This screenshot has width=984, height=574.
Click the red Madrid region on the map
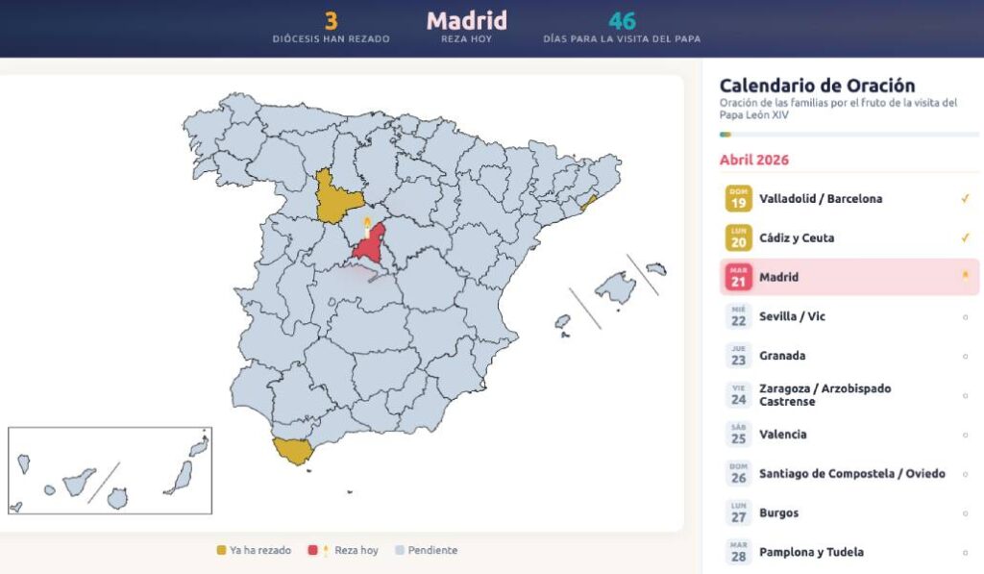coord(369,245)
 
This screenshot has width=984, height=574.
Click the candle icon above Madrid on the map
coord(366,226)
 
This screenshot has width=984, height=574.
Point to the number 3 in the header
coord(331,20)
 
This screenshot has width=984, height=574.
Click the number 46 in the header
coord(622,20)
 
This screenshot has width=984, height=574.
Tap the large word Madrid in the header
coord(467,20)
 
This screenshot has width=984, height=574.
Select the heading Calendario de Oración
coord(817,86)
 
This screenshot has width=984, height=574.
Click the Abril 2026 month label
coord(754,160)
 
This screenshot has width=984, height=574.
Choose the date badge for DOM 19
coord(738,199)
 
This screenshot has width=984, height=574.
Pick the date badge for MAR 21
coord(738,278)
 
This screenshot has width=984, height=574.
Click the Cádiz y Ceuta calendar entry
coord(797,237)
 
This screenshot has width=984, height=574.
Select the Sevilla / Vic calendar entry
coord(792,316)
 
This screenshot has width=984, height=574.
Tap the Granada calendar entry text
coord(782,356)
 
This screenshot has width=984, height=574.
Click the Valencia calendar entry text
coord(782,435)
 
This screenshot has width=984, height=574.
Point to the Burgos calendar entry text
coord(778,512)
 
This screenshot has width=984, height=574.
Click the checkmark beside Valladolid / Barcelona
coord(965,199)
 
